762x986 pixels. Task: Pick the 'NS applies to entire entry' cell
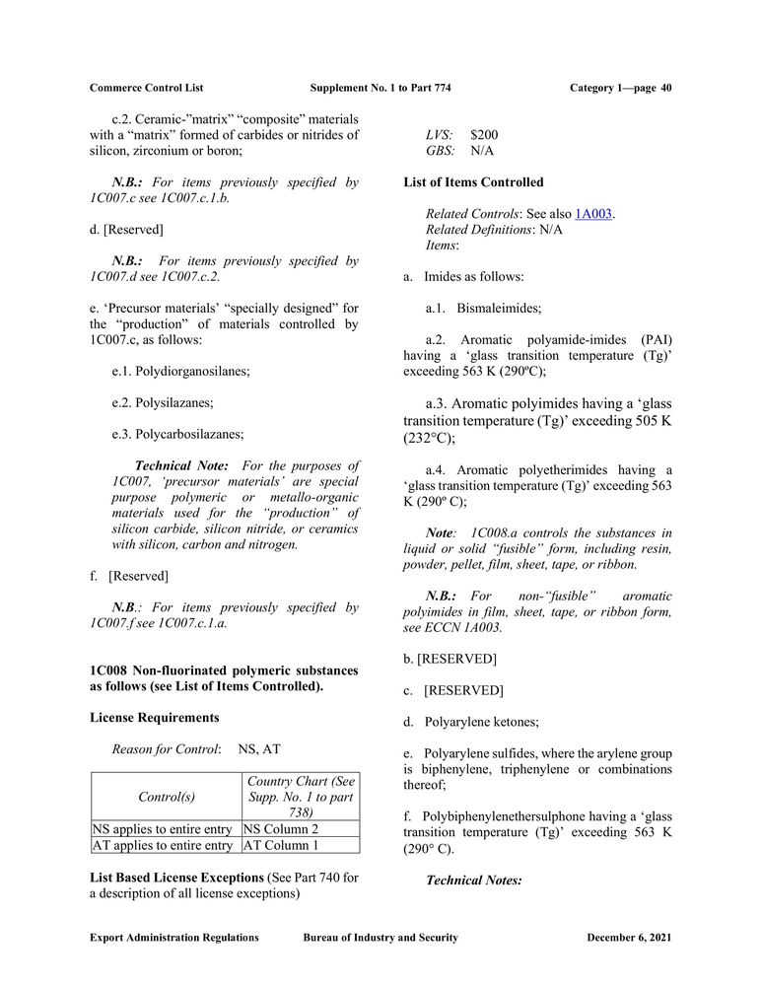pyautogui.click(x=165, y=829)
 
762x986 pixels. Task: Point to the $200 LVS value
pyautogui.click(x=484, y=135)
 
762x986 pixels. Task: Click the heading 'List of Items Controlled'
pyautogui.click(x=473, y=182)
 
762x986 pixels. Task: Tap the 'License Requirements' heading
pyautogui.click(x=155, y=717)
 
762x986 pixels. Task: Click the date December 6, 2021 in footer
pyautogui.click(x=629, y=938)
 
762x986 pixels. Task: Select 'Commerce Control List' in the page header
pyautogui.click(x=146, y=88)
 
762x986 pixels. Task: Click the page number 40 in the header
pyautogui.click(x=666, y=88)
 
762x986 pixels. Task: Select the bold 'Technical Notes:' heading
pyautogui.click(x=473, y=880)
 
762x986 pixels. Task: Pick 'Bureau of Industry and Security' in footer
pyautogui.click(x=381, y=938)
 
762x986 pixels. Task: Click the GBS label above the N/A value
pyautogui.click(x=440, y=151)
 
